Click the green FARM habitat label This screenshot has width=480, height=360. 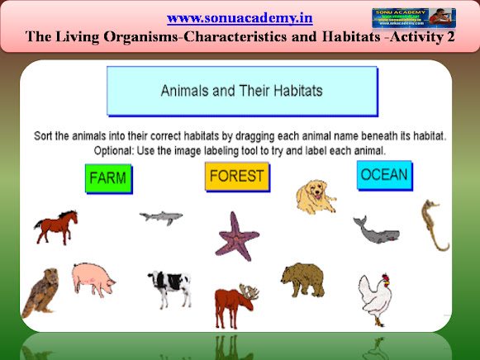click(108, 178)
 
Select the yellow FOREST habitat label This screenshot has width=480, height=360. click(237, 176)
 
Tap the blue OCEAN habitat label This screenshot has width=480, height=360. click(384, 174)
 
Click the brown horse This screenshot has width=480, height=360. click(55, 225)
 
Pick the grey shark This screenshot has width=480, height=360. click(160, 217)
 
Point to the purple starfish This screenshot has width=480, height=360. click(238, 235)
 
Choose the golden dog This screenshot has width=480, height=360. click(316, 197)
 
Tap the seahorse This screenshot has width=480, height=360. click(434, 224)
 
